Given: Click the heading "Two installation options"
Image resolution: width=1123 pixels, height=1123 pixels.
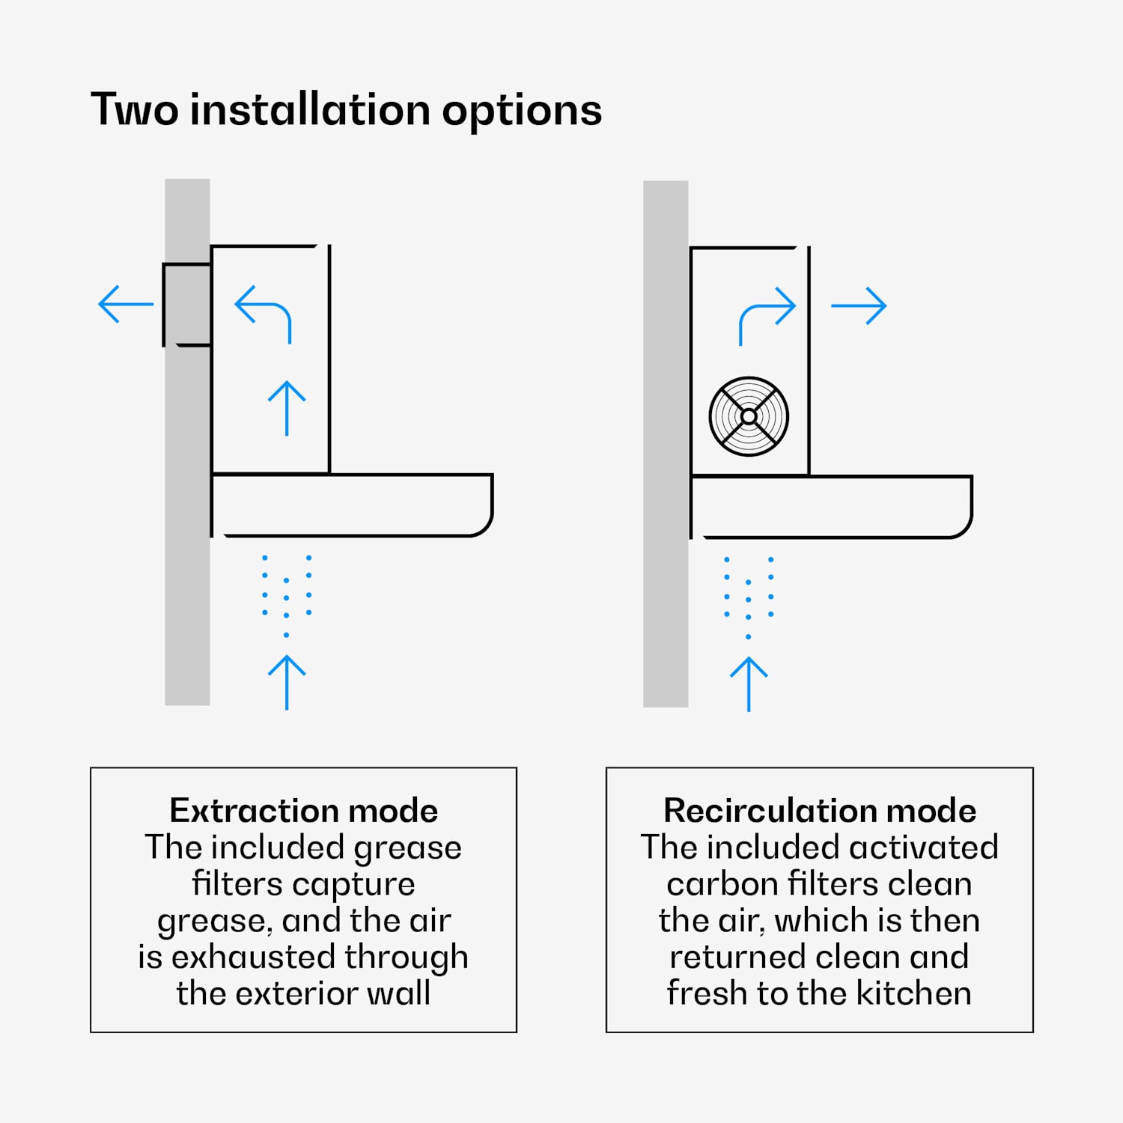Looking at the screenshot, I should click(346, 110).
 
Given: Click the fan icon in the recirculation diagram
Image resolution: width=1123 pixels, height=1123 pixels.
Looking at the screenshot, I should click(749, 416).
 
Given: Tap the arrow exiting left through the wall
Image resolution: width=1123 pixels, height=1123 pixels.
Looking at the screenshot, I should click(125, 304).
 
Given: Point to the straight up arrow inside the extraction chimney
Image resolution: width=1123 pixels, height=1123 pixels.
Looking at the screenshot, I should click(287, 408).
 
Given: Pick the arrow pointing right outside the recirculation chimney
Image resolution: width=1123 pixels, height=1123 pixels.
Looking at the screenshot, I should click(859, 305).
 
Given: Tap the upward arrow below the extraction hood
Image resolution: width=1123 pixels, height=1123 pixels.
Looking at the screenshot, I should click(287, 681).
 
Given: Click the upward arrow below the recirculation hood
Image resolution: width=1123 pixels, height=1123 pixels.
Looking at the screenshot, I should click(749, 684).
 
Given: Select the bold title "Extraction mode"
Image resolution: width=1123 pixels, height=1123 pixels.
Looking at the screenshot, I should click(303, 811).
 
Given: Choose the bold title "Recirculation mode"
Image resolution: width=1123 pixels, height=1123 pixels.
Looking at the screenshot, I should click(820, 811).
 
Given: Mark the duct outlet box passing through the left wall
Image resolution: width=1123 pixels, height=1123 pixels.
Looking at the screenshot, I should click(187, 304).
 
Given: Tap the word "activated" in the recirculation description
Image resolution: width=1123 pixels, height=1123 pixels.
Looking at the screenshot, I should click(924, 847).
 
